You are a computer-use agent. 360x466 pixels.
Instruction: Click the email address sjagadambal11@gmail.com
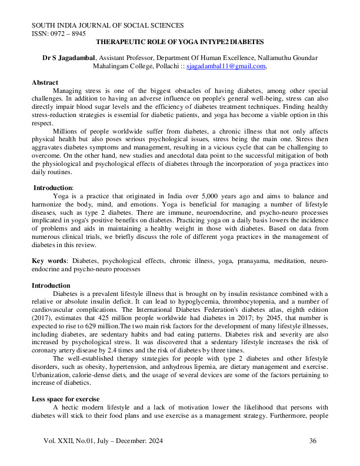[226, 67]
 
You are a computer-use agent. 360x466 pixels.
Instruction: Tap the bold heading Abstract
[45, 83]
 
